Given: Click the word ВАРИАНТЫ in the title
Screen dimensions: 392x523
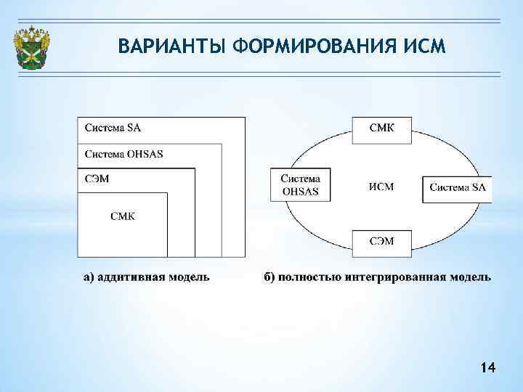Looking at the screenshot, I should pos(172,47).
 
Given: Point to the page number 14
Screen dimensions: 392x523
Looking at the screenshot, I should pos(488,369).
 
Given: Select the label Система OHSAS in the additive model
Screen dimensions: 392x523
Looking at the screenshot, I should pos(124,154).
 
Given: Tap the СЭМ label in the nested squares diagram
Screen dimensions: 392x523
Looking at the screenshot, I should pos(97,179).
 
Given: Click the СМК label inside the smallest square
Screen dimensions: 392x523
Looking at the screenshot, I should pos(122,215).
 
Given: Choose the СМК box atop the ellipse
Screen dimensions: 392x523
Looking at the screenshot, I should pos(382,129).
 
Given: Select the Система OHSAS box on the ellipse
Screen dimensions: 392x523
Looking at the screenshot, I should pos(300,186).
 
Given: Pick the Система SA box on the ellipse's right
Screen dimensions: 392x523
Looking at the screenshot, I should pos(457,188).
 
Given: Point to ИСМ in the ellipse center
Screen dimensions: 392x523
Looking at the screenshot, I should pos(381,187).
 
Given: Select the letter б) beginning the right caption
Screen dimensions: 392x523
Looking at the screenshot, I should pos(268,277).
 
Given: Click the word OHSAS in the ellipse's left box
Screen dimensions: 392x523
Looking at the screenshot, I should pos(300,192).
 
